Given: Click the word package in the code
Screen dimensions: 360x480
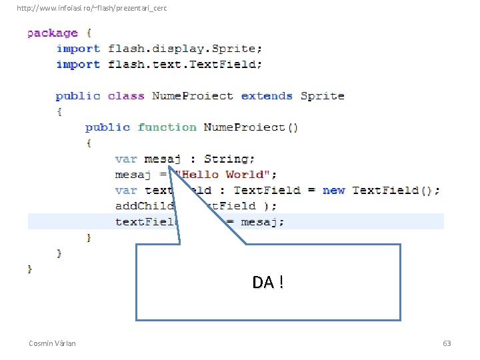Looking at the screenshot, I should [52, 33].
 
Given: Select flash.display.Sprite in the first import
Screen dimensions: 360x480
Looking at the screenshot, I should [185, 49].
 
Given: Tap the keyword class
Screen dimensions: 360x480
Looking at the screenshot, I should [125, 96].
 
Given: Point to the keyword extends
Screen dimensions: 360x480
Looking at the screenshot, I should [267, 96].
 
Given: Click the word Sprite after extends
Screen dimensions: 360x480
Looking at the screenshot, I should [322, 96].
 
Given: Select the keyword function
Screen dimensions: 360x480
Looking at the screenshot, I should [167, 127].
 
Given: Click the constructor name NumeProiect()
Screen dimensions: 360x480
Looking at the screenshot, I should [251, 127].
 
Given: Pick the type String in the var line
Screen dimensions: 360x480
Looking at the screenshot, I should [229, 159].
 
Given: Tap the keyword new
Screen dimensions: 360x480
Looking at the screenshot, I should [333, 191].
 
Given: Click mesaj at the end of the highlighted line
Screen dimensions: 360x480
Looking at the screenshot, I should [261, 222].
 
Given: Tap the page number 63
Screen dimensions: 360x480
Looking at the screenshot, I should [447, 343].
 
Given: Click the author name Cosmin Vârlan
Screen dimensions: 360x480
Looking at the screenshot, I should [52, 343].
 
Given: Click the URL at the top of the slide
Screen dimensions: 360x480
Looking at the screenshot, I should [92, 8].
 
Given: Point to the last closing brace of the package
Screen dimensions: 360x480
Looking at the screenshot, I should [29, 269].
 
